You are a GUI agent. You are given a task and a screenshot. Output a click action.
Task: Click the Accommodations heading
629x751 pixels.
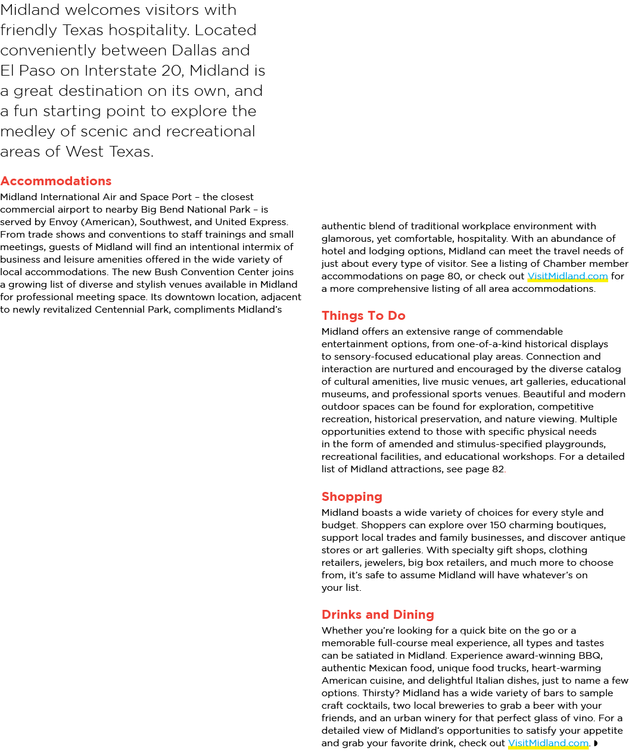click(56, 180)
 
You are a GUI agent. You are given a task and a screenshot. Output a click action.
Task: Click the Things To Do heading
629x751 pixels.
click(363, 316)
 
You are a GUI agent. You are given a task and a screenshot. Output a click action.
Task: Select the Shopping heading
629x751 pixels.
click(352, 497)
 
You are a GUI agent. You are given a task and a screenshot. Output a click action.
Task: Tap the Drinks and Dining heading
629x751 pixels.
click(378, 615)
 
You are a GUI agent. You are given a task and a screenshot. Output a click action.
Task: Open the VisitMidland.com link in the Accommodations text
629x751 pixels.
click(568, 276)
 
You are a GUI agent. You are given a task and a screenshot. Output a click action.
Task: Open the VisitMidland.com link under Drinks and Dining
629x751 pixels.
click(548, 743)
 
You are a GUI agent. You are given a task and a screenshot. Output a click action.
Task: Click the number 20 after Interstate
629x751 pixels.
click(173, 70)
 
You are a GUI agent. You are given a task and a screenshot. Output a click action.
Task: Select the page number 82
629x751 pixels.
click(497, 469)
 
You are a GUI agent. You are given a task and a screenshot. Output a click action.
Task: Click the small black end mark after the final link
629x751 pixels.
click(596, 743)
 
